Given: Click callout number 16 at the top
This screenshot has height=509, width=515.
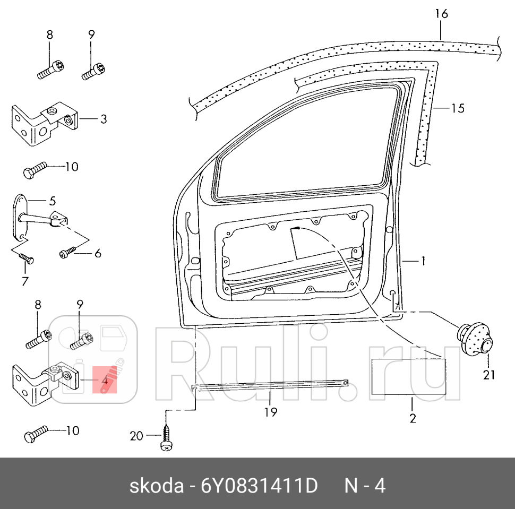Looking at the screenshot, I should pyautogui.click(x=441, y=14).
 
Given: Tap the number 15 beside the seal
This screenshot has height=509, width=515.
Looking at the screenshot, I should pyautogui.click(x=457, y=108).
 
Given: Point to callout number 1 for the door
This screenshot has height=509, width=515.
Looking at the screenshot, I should pyautogui.click(x=423, y=261).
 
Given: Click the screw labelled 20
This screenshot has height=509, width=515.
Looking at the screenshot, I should pyautogui.click(x=166, y=439).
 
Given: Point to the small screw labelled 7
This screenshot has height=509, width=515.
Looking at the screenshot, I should pyautogui.click(x=27, y=258).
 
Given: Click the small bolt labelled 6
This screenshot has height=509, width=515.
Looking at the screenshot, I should pyautogui.click(x=67, y=253).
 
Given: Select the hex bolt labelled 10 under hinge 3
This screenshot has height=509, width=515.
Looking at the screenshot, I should pyautogui.click(x=35, y=170).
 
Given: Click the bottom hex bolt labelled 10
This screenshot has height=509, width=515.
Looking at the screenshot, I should pyautogui.click(x=35, y=435).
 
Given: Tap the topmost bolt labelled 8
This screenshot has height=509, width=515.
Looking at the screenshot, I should pyautogui.click(x=51, y=70).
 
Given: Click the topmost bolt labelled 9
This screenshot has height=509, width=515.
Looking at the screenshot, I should pyautogui.click(x=95, y=70).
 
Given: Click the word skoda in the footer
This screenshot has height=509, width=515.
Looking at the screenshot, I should pyautogui.click(x=151, y=486).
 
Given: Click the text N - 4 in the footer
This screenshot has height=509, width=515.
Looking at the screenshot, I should pyautogui.click(x=365, y=486).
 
